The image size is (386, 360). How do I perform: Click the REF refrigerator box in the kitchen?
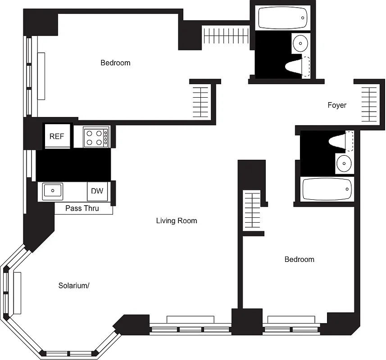point(57,136)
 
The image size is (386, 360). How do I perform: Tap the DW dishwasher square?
point(97,191)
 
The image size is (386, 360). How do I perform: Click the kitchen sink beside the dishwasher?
point(52,191)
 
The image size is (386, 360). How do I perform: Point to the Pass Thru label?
point(82,208)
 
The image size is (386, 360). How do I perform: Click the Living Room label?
point(177,220)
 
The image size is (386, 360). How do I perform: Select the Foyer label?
point(337,105)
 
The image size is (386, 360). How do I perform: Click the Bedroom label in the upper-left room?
point(115,63)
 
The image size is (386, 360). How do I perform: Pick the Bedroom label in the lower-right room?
point(299,259)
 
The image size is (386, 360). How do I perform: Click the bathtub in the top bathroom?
point(283,18)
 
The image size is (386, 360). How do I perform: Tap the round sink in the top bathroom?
point(300,44)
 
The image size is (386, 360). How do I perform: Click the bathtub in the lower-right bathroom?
point(327,189)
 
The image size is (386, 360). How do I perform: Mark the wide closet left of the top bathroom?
point(226,36)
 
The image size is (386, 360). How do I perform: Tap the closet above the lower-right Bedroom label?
point(253,210)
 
